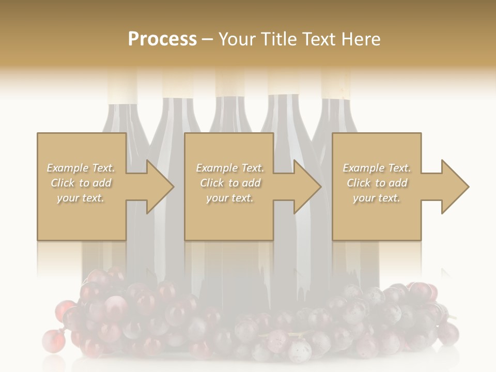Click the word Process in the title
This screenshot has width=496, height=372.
coord(162,39)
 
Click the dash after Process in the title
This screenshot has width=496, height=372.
coord(208,40)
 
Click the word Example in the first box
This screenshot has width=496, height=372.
coord(67,168)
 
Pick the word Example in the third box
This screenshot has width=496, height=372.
coord(363,168)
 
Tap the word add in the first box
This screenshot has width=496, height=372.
coord(102,183)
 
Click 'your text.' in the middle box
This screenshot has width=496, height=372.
coord(229,198)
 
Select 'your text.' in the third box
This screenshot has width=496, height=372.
coord(376,198)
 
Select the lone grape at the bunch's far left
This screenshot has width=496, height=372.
coord(51,339)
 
